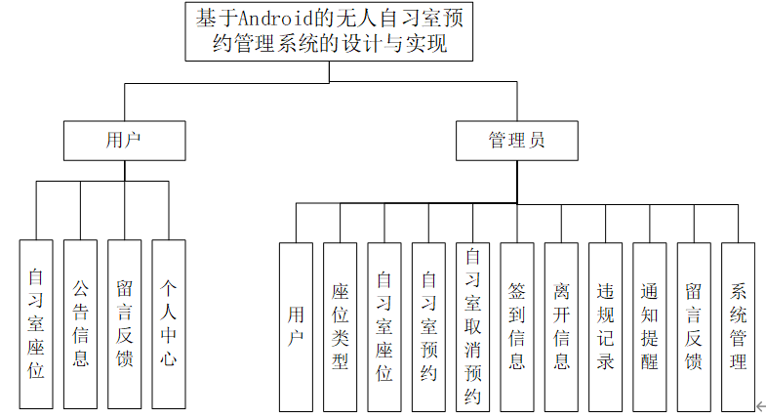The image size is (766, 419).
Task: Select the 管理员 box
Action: tap(516, 141)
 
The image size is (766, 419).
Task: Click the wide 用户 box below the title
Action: tap(124, 141)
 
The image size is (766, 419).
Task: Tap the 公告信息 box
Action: tap(80, 323)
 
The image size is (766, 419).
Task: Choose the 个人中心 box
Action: tap(168, 323)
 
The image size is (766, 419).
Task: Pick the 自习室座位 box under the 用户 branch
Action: tap(36, 323)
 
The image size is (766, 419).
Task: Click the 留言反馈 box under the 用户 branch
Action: tap(124, 323)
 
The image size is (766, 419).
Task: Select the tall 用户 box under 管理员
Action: tap(296, 326)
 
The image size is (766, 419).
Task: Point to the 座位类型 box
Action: tap(340, 326)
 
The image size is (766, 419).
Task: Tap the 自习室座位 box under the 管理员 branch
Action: tap(384, 326)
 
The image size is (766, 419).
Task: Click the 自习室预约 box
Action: tap(428, 326)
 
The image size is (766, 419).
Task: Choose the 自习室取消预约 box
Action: tap(472, 326)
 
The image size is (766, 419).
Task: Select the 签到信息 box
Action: tap(517, 326)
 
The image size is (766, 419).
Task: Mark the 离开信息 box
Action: tap(561, 326)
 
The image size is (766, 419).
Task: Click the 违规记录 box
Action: tap(605, 326)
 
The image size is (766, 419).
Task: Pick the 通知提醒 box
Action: tap(649, 326)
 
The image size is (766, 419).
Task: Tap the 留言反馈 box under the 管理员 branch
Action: tap(694, 326)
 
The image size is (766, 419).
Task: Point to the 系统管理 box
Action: tap(738, 326)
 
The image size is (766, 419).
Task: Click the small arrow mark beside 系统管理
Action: tap(760, 405)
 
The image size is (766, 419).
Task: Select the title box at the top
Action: tap(322, 31)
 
